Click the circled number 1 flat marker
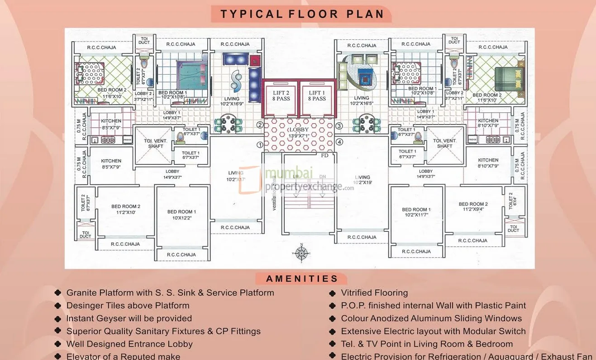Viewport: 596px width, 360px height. pos(260,145)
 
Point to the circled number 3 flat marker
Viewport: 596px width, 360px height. pos(339,126)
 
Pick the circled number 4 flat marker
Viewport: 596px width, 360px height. pos(339,142)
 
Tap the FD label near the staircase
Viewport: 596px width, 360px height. pos(324,155)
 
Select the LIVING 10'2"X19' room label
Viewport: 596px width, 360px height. pos(362,180)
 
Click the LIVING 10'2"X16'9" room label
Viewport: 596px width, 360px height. pos(232,101)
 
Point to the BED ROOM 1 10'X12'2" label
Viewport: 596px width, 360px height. pos(181,215)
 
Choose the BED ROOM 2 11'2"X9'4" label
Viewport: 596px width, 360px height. pos(473,206)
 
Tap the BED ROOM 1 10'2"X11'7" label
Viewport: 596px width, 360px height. pos(416,212)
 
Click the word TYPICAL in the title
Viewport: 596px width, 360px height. pos(252,14)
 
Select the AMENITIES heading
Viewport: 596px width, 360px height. pos(302,279)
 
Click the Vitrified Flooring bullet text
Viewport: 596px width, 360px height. pos(374,293)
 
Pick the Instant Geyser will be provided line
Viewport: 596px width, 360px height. pos(129,318)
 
